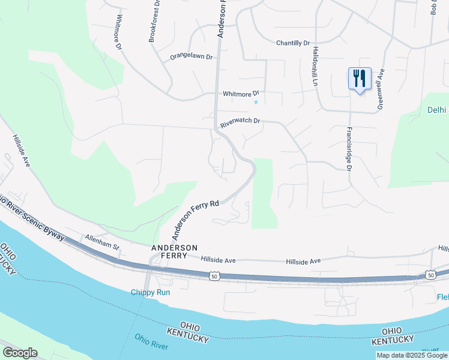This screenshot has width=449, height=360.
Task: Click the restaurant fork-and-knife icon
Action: tap(359, 78)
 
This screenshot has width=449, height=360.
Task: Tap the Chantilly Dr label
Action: tap(292, 43)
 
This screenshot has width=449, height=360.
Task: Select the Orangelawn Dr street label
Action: tap(191, 57)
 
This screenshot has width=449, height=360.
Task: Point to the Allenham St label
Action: tap(103, 242)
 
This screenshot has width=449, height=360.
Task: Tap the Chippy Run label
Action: tap(151, 292)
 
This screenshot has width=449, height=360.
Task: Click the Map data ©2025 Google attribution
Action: tap(411, 355)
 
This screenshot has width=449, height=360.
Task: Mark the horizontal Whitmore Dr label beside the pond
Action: tap(240, 94)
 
